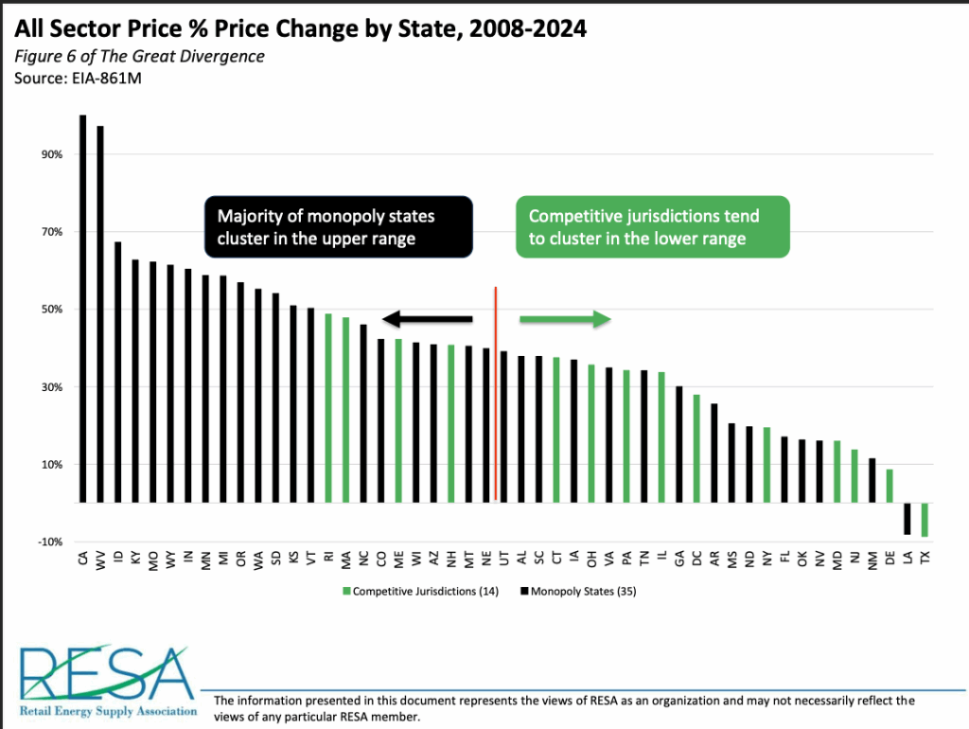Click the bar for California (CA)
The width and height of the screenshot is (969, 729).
[x=83, y=308]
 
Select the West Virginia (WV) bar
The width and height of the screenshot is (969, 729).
[x=100, y=313]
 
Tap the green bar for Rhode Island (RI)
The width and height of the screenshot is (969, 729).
[x=328, y=408]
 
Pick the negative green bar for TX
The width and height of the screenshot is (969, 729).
[x=925, y=520]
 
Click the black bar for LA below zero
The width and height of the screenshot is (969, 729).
[x=907, y=519]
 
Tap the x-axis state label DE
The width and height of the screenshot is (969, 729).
[x=890, y=560]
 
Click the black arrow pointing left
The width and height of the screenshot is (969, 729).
[x=427, y=319]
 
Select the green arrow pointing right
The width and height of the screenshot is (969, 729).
[x=564, y=319]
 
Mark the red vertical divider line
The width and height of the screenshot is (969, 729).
[x=496, y=393]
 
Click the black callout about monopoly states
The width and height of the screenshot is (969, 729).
[x=339, y=227]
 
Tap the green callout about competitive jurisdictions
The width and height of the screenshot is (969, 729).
[x=652, y=227]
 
